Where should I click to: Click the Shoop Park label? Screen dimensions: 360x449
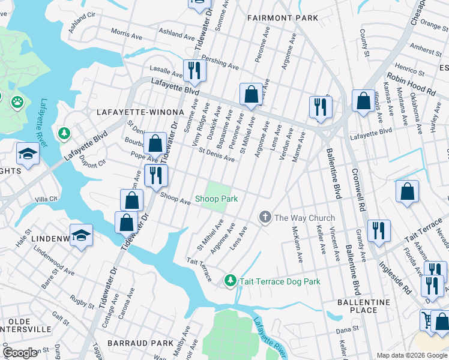[x=217, y=199]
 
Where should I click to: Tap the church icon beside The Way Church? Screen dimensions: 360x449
[x=265, y=217]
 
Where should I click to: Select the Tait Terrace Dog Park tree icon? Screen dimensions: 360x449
[x=230, y=281]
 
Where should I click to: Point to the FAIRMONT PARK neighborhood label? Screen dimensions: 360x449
[x=283, y=19]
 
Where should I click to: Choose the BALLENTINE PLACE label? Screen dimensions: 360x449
[x=364, y=306]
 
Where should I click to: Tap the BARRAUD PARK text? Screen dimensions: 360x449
[x=140, y=343]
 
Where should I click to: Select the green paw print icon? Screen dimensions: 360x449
[x=17, y=102]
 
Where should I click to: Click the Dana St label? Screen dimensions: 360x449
[x=347, y=329]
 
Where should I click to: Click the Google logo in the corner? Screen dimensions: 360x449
[x=20, y=353]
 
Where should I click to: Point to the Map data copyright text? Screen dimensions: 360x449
[x=412, y=355]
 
